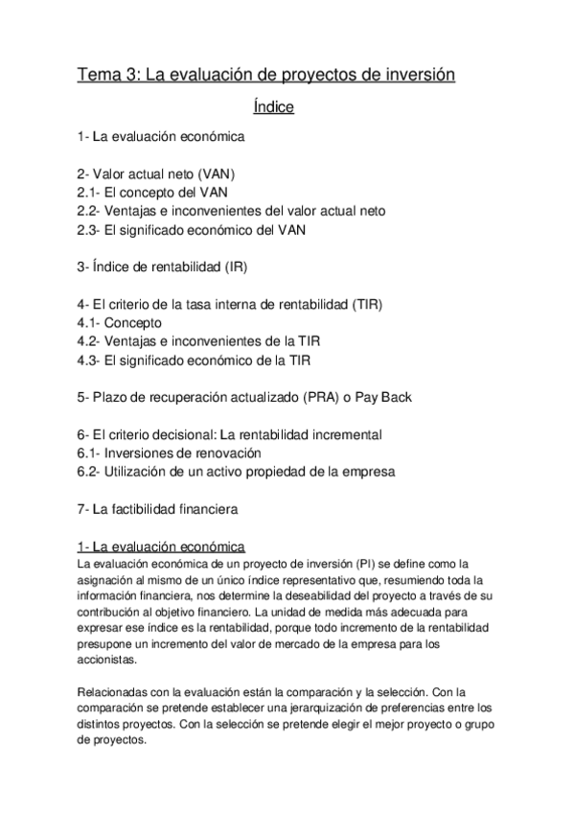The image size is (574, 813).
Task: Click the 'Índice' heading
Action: [x=266, y=107]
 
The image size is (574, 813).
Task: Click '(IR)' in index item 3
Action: [x=244, y=266]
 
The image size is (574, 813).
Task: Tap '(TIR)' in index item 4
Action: [x=366, y=304]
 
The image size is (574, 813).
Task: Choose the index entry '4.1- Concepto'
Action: [x=120, y=322]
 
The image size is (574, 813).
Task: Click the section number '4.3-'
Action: [x=90, y=360]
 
